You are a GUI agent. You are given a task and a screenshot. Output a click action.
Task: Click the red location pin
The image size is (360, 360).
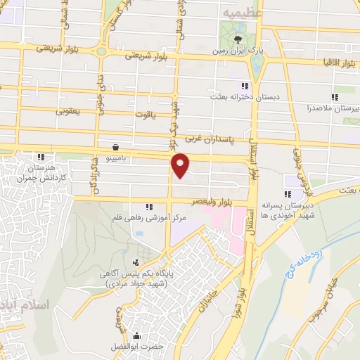click(x=181, y=165)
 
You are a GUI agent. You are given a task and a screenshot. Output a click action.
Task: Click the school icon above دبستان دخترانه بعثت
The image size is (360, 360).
click(x=226, y=86)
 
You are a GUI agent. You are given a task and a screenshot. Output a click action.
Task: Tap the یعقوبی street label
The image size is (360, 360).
click(x=69, y=110)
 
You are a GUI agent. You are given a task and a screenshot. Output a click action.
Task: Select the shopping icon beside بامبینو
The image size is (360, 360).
click(x=115, y=148)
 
